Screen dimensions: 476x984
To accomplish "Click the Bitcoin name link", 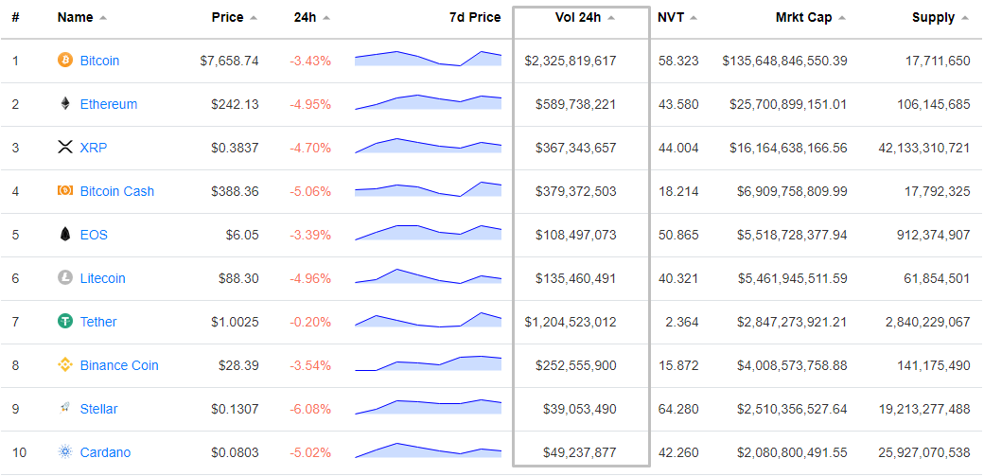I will [99, 61].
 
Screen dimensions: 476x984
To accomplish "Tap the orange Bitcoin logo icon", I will [65, 61].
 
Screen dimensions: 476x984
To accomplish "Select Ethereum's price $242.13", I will [235, 104].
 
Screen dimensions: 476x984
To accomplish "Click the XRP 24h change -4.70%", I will [310, 148].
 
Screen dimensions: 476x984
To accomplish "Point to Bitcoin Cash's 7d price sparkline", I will [428, 190].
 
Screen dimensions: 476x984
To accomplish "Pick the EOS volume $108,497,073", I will [575, 235].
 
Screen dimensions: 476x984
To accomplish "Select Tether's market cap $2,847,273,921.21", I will [792, 322].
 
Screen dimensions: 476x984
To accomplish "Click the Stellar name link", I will [98, 409].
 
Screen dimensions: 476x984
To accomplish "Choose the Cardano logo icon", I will [65, 452].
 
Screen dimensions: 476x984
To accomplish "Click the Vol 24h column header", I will [577, 17].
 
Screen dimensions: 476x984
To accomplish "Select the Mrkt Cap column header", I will [803, 17].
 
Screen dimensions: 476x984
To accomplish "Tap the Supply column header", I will [933, 17].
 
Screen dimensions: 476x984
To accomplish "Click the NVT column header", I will [671, 17].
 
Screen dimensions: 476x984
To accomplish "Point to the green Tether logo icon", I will [65, 322].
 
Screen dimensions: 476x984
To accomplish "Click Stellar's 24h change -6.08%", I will [310, 409].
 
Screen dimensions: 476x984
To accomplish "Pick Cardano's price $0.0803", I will [235, 452].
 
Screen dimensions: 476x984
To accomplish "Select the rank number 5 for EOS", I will [15, 235].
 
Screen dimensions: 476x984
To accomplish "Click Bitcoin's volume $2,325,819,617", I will [571, 61].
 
